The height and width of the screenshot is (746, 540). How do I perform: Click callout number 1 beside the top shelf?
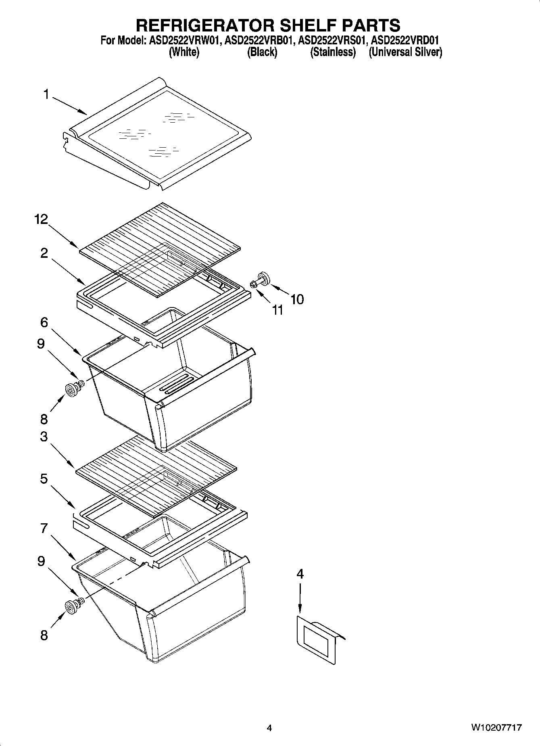click(x=46, y=94)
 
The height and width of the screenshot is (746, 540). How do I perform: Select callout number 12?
click(x=41, y=219)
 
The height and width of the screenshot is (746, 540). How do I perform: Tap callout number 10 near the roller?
click(x=297, y=299)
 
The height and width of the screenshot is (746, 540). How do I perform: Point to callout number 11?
click(x=277, y=310)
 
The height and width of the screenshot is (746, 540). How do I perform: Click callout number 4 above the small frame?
click(x=300, y=574)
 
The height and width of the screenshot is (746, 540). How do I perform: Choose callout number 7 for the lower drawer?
click(x=44, y=528)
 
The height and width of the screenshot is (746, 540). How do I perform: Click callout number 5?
click(x=44, y=479)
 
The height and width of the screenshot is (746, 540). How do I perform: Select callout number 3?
click(x=44, y=437)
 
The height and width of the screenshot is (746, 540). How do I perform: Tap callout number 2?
click(x=44, y=253)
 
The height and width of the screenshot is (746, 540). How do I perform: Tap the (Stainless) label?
click(x=333, y=52)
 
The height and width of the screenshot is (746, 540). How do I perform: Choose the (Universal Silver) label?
click(x=405, y=52)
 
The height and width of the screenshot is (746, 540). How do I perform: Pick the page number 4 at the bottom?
click(x=269, y=728)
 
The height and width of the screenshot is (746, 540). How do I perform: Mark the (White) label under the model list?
click(x=184, y=52)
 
